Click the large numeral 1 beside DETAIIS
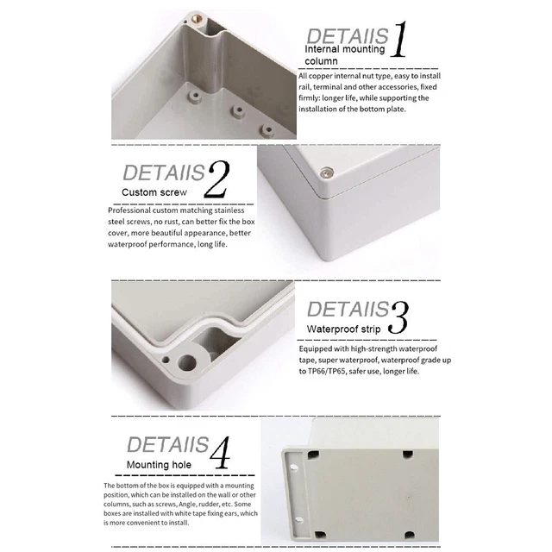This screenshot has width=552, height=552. pos(399,39)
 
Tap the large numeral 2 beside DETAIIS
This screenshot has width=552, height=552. pos(216,179)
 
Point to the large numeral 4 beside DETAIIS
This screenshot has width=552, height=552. pos(220,453)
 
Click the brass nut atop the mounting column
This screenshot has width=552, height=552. pos(198,17)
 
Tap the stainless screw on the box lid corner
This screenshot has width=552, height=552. pos(326,172)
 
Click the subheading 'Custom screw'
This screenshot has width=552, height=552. pos(154,192)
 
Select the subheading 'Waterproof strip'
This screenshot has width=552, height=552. pos(343,329)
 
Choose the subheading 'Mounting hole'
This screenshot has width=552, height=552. pos(159,465)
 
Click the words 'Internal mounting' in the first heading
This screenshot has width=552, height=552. pos(345,49)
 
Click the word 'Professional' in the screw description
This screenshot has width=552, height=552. pos(129,210)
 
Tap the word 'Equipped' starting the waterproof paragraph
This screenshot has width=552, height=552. pos(316,349)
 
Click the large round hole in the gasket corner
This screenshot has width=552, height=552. pos(187,362)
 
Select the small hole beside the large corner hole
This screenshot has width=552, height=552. pos(165,360)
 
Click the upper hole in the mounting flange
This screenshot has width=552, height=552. pos(293,467)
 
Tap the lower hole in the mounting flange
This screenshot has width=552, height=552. pos(298,520)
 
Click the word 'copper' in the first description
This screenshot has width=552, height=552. pos(321,76)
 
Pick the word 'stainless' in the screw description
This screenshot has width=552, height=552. pos(229,210)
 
